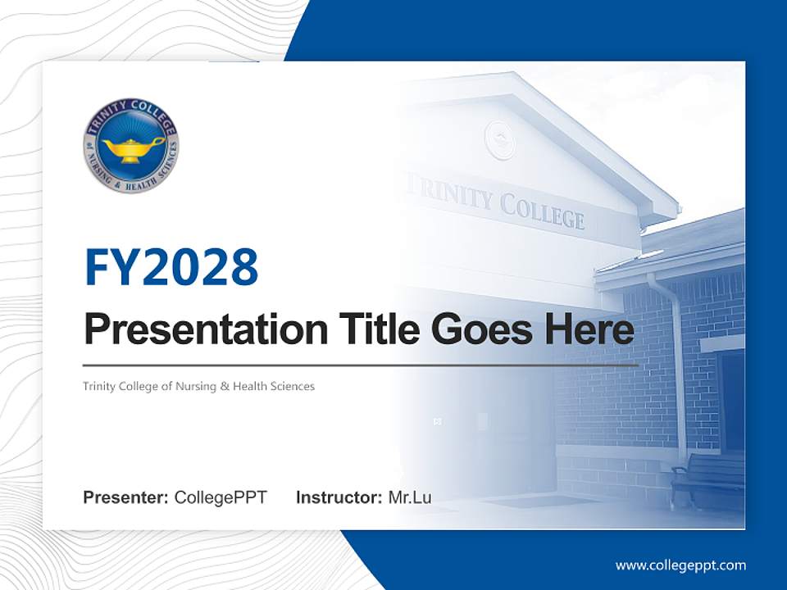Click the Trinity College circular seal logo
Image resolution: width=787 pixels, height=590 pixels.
pos(130,146)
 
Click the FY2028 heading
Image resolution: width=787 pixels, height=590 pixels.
pos(171,266)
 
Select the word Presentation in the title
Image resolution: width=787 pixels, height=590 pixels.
pos(206,329)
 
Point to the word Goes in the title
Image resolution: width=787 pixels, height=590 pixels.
pos(482,329)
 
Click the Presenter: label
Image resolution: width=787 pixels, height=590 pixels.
pos(125,497)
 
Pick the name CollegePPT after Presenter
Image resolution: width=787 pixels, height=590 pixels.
pos(221,497)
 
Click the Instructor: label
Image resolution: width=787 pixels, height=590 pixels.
pos(339,497)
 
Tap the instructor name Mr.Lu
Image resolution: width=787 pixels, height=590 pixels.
pos(410,497)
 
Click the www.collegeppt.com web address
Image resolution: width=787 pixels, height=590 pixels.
pos(680,565)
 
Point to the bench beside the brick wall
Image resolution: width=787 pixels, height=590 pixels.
pos(707,478)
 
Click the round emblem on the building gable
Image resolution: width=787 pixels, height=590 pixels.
pos(500,140)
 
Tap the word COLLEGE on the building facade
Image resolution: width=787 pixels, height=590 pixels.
pos(542,211)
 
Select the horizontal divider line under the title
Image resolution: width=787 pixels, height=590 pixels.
pos(361,365)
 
